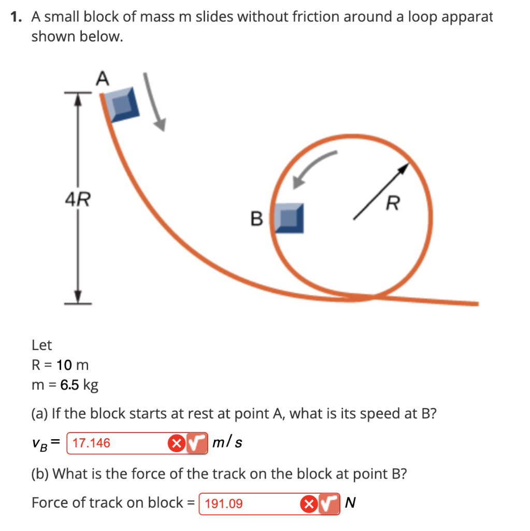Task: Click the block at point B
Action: click(289, 218)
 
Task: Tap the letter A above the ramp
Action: click(103, 79)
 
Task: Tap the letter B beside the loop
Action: click(256, 219)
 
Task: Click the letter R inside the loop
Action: click(393, 204)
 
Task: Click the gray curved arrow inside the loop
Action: click(313, 167)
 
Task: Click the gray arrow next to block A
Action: click(155, 104)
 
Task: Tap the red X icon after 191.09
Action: click(309, 503)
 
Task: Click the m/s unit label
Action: click(228, 443)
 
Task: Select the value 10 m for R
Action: click(73, 365)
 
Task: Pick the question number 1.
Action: click(17, 17)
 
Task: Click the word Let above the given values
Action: click(41, 345)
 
